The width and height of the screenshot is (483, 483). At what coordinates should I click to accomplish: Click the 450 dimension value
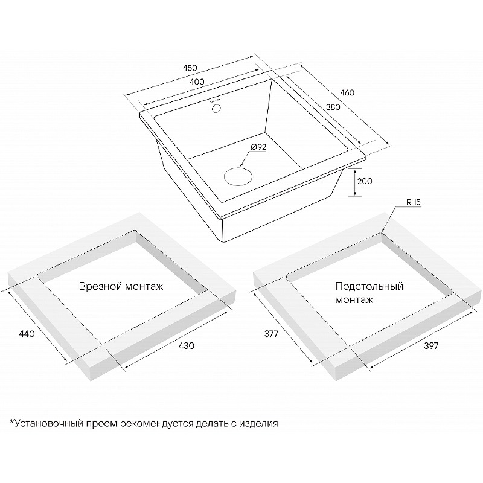[190, 68]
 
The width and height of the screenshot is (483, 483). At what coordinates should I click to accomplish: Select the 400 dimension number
[197, 82]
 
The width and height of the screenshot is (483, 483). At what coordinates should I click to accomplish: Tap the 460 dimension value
[347, 92]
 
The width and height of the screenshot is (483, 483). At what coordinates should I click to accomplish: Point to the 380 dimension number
[333, 107]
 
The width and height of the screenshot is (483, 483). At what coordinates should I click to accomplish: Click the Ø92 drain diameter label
[258, 147]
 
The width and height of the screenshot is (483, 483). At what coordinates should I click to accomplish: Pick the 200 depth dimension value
[365, 181]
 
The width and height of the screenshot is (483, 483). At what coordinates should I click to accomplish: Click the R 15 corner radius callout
[414, 203]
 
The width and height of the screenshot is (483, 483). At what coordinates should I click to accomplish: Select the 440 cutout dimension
[27, 334]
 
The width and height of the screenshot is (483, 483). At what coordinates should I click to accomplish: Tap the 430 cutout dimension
[187, 345]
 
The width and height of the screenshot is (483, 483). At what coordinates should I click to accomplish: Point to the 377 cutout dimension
[271, 334]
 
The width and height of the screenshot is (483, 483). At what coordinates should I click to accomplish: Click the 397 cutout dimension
[431, 346]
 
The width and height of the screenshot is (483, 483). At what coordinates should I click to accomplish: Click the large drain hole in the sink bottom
[238, 177]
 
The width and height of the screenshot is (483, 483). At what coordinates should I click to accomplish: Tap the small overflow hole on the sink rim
[217, 108]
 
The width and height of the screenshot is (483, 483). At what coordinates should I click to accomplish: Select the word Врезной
[97, 286]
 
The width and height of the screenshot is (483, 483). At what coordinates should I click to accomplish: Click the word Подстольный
[369, 286]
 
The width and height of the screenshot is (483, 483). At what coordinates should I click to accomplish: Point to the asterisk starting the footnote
[12, 421]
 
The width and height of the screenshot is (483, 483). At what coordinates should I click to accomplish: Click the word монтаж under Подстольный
[354, 300]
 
